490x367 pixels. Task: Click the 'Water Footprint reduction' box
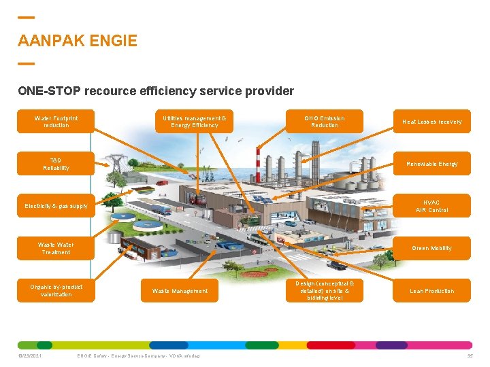pos(56,121)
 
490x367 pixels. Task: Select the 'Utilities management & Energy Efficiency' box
pos(195,121)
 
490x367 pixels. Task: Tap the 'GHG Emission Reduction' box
pos(325,121)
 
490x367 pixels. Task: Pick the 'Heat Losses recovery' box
pos(431,122)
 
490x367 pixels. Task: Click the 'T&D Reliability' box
pos(56,164)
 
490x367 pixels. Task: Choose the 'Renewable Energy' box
pos(431,164)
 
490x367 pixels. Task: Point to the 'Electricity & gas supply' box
pos(56,206)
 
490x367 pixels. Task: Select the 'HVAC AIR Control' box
pos(431,206)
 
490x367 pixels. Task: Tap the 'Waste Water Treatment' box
pos(56,248)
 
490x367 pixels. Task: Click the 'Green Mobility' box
pos(431,248)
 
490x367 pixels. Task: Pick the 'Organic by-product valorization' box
pos(56,291)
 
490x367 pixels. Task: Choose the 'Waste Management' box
pos(180,291)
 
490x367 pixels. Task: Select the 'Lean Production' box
pos(431,291)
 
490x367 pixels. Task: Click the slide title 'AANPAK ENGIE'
pos(78,41)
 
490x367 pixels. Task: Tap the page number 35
pos(470,355)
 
